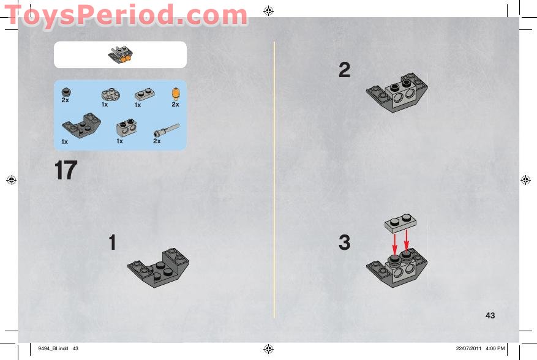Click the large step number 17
point(66,170)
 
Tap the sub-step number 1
point(112,242)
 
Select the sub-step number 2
point(345,70)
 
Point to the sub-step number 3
point(345,242)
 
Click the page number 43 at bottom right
point(490,315)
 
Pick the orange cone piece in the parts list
point(176,94)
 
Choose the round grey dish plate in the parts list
point(111,94)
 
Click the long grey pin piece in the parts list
point(167,130)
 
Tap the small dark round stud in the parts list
point(66,92)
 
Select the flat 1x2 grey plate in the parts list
point(145,94)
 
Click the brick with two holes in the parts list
point(126,128)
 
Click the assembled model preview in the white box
point(121,55)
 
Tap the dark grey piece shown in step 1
point(158,268)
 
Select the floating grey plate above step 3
point(400,223)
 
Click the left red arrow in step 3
point(395,244)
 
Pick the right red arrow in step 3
point(407,242)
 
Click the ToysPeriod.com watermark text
point(126,15)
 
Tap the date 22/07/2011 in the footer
point(468,348)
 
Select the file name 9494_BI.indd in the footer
point(53,348)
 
